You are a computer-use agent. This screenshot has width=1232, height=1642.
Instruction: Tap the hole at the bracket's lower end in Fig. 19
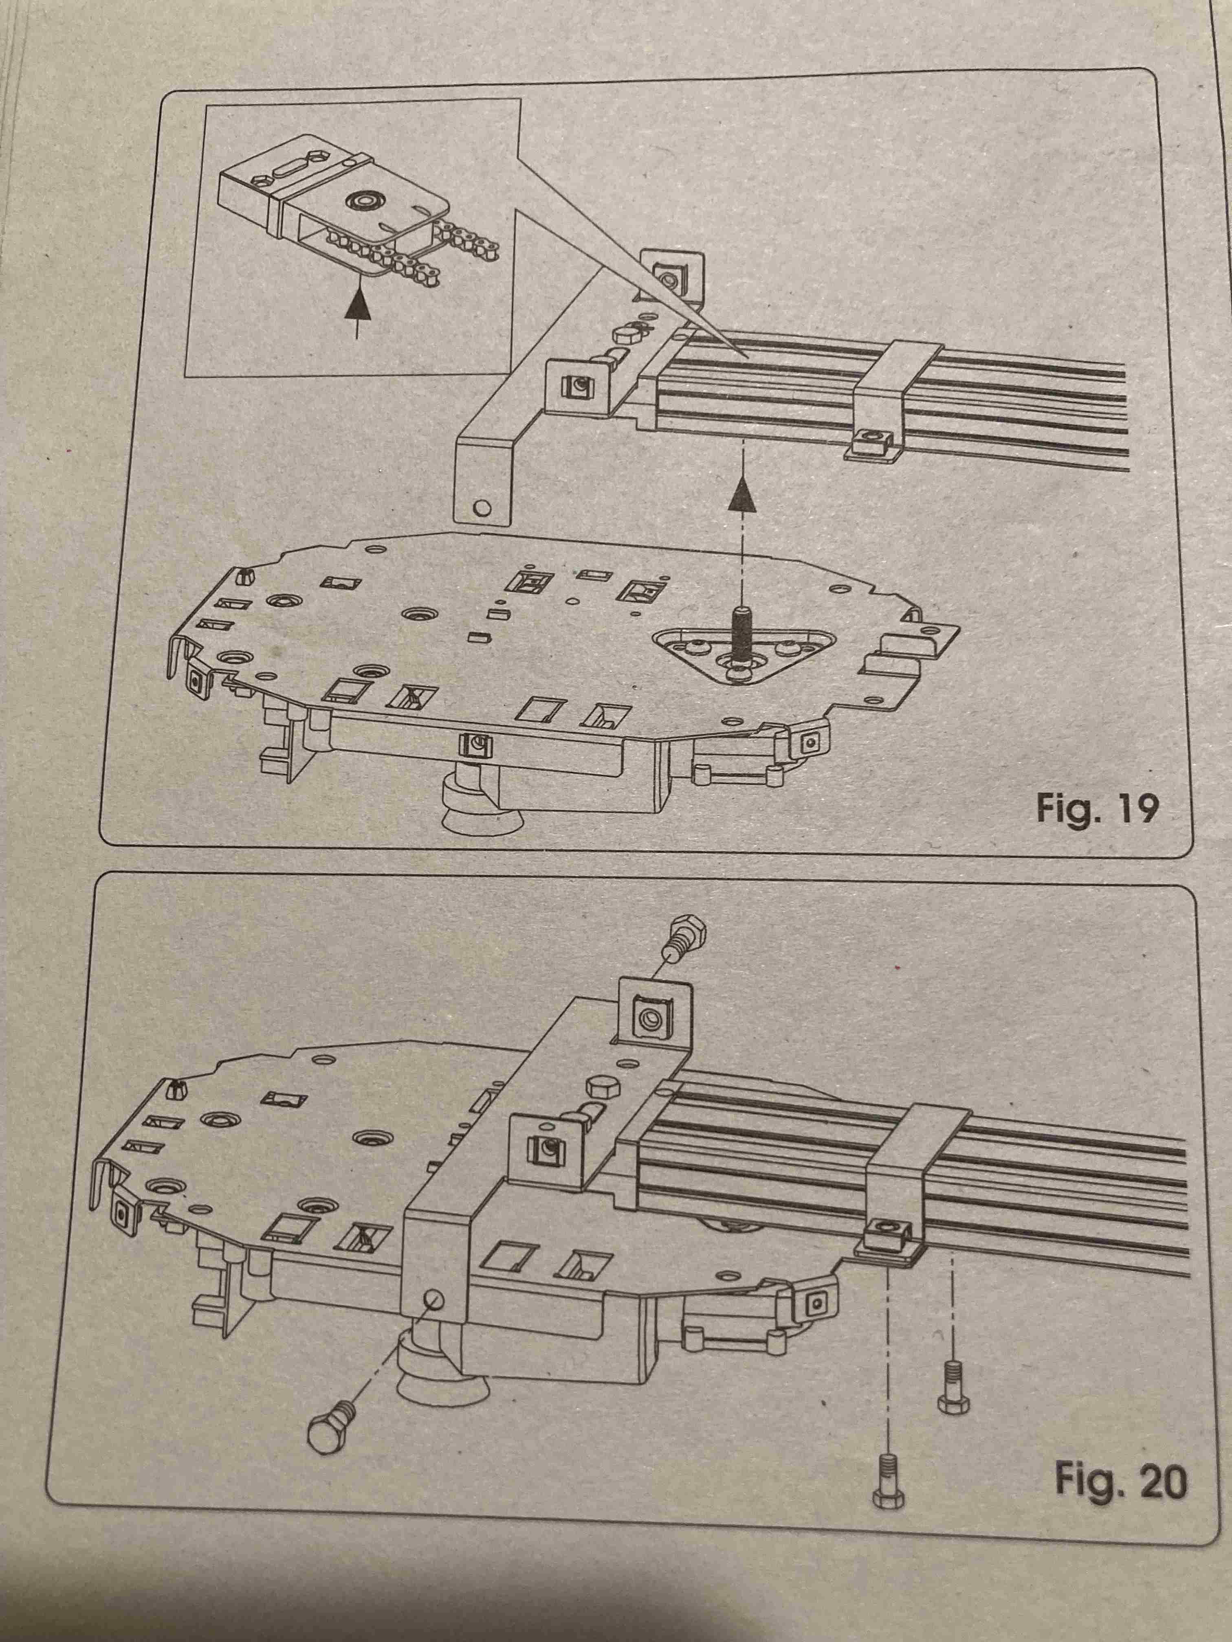pos(483,509)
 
